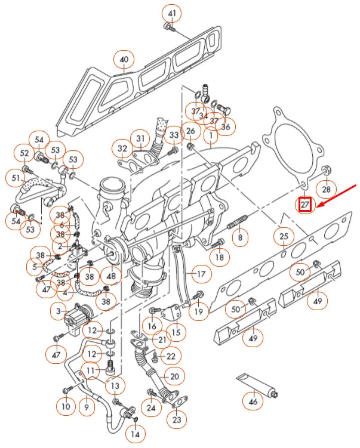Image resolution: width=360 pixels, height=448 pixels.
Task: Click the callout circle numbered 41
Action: [x=172, y=13]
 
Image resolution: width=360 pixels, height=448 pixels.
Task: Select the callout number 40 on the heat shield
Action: [x=124, y=60]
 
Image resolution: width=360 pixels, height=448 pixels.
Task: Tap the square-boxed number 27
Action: [x=306, y=205]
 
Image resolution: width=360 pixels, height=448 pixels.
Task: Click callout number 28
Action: [x=326, y=190]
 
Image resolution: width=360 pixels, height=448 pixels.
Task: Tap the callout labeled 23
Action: [x=177, y=420]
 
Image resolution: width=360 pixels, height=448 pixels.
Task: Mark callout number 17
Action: [x=201, y=275]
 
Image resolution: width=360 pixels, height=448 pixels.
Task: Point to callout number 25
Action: [x=284, y=237]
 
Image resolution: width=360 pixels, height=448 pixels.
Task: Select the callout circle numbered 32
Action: [x=122, y=147]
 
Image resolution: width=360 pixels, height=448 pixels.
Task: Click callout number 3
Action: [x=58, y=311]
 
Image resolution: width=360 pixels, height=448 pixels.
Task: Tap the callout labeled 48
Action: [x=111, y=276]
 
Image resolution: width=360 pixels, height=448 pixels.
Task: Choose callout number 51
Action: [x=15, y=178]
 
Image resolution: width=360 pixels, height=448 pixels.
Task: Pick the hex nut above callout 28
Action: [x=326, y=172]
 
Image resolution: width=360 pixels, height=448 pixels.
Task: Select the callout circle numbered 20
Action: [x=174, y=376]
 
